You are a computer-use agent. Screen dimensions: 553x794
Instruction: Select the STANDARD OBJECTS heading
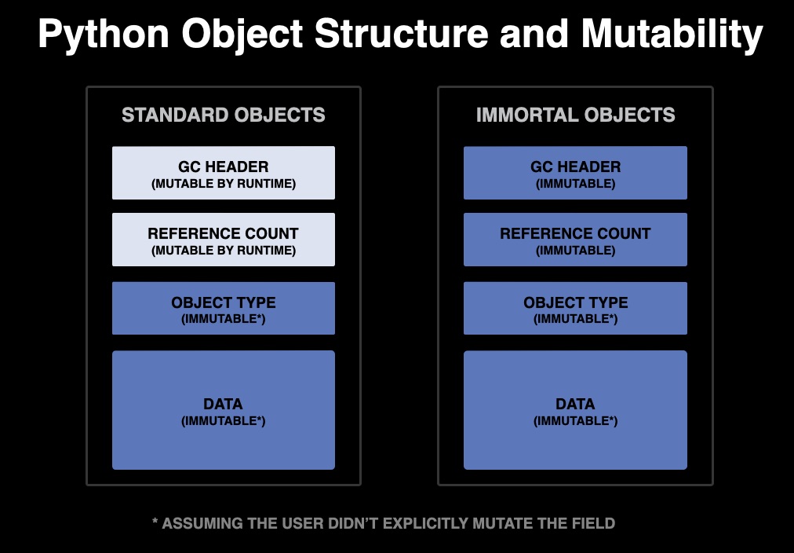(224, 115)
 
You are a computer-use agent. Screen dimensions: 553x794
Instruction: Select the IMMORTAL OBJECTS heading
(575, 115)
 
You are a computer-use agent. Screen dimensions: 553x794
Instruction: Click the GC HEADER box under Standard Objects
(224, 173)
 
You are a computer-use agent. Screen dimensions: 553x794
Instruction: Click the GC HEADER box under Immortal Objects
(575, 173)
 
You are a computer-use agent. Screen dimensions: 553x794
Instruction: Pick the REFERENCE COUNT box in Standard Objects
(224, 240)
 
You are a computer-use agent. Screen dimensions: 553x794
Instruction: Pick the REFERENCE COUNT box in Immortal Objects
(575, 240)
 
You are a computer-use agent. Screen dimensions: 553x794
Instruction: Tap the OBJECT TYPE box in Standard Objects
(224, 309)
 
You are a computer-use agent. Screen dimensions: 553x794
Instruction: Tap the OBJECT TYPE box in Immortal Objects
(575, 309)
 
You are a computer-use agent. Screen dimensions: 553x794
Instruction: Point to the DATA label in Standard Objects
(224, 404)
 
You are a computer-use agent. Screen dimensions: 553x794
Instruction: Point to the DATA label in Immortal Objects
(575, 404)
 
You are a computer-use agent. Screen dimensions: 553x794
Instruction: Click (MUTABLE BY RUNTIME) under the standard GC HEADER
(224, 184)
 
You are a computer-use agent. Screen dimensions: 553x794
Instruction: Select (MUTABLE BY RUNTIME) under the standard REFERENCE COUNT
(224, 251)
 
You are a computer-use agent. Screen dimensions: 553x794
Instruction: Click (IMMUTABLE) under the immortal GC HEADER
(575, 184)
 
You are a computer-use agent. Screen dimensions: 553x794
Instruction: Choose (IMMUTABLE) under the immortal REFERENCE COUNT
(575, 251)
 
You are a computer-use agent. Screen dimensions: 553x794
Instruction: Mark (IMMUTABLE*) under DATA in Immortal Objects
(575, 421)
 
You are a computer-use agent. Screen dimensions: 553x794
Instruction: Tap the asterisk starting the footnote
(155, 522)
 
